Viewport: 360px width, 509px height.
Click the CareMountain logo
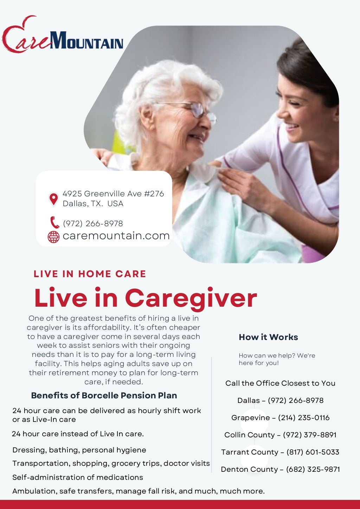pyautogui.click(x=63, y=35)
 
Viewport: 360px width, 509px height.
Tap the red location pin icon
pyautogui.click(x=53, y=199)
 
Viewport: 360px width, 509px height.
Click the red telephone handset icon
pyautogui.click(x=54, y=223)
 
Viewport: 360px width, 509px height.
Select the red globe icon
pyautogui.click(x=53, y=237)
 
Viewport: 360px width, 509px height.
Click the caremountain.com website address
pyautogui.click(x=116, y=236)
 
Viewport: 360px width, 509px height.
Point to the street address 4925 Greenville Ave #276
pyautogui.click(x=113, y=194)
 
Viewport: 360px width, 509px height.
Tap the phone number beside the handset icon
pyautogui.click(x=93, y=223)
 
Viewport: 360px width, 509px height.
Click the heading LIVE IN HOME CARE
pyautogui.click(x=90, y=274)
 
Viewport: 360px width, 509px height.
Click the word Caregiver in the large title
pyautogui.click(x=191, y=298)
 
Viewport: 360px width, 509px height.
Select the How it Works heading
pyautogui.click(x=268, y=337)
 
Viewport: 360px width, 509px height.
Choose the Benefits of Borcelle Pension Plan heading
pyautogui.click(x=104, y=396)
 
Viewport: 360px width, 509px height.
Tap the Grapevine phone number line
pyautogui.click(x=280, y=418)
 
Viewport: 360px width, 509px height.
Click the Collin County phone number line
pyautogui.click(x=280, y=435)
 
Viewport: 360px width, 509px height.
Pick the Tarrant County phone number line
pyautogui.click(x=280, y=452)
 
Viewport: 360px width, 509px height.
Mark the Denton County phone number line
pyautogui.click(x=280, y=469)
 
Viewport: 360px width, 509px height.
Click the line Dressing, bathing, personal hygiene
pyautogui.click(x=79, y=450)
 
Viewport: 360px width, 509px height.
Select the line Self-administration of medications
pyautogui.click(x=78, y=477)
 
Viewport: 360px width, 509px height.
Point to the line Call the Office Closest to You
pyautogui.click(x=280, y=383)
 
